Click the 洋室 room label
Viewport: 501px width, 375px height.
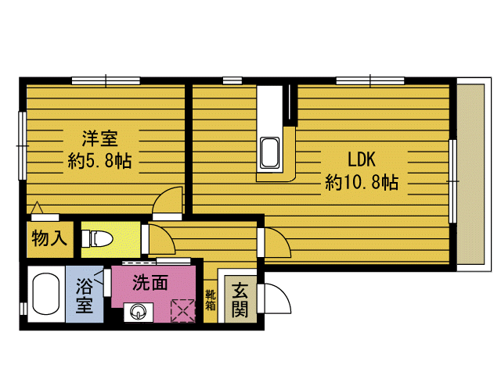click(100, 138)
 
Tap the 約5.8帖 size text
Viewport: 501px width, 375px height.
click(99, 160)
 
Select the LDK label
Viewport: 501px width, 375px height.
click(362, 159)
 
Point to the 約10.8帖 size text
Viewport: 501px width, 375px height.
click(362, 182)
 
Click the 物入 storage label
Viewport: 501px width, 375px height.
click(49, 237)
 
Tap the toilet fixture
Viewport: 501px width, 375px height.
click(97, 239)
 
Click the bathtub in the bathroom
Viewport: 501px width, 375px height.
click(46, 294)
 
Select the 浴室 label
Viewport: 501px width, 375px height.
click(85, 295)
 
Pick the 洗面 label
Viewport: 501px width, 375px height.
click(150, 282)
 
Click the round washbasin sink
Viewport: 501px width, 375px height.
click(138, 311)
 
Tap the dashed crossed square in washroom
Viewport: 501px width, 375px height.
click(183, 311)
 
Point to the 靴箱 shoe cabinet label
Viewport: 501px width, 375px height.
click(211, 300)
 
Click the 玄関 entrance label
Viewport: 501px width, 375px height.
click(240, 300)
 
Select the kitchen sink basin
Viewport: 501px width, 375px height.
click(269, 153)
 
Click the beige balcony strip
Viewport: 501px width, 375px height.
click(470, 174)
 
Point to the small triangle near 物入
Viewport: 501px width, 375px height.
click(38, 208)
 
